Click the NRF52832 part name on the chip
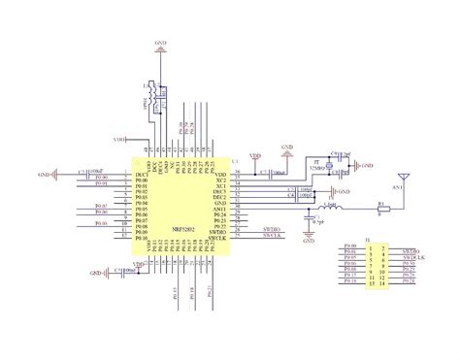point(183,230)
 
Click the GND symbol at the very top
point(160,45)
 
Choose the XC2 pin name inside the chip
point(220,180)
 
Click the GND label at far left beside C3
point(44,175)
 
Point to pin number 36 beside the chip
point(237,171)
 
